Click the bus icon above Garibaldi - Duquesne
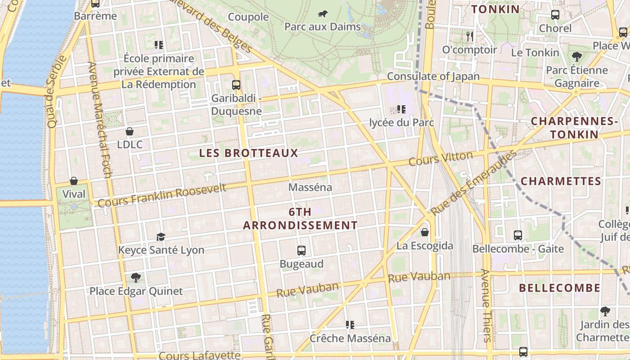(236, 85)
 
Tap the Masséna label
(310, 187)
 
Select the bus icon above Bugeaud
(301, 251)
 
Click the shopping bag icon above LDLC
(130, 131)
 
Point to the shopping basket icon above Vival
(74, 181)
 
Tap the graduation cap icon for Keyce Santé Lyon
(161, 237)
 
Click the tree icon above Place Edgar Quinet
(135, 277)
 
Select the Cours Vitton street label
(441, 158)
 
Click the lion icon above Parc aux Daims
(323, 13)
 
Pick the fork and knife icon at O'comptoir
(470, 36)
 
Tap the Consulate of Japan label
(433, 76)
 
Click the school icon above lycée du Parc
(401, 109)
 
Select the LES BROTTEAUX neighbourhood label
(248, 153)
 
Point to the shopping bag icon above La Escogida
(424, 233)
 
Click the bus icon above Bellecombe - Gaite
(518, 235)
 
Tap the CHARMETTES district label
(561, 181)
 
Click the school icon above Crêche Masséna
(350, 324)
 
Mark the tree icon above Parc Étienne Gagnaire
(576, 57)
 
